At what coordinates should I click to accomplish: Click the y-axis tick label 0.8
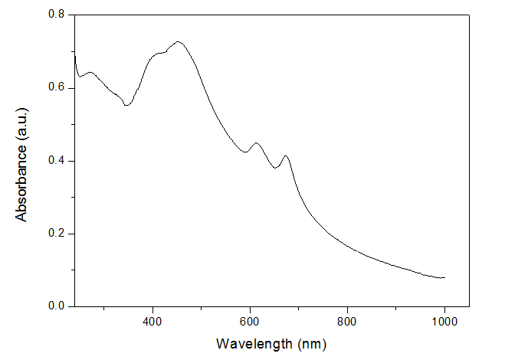[x=55, y=15]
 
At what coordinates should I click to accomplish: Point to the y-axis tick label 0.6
[x=55, y=88]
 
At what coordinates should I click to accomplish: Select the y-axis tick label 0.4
[x=55, y=161]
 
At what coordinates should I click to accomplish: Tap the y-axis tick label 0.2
[x=55, y=234]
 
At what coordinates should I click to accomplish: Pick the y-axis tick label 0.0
[x=55, y=306]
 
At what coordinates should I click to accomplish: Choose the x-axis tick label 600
[x=250, y=320]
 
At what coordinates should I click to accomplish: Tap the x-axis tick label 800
[x=347, y=320]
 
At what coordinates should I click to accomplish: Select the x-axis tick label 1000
[x=444, y=320]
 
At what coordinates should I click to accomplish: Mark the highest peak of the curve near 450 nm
[x=178, y=41]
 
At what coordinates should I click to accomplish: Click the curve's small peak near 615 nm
[x=257, y=142]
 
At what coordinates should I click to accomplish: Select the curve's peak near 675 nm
[x=286, y=155]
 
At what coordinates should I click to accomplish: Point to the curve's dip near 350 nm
[x=126, y=105]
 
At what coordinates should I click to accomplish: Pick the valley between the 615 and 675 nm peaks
[x=275, y=167]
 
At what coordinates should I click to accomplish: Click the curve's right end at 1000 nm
[x=444, y=277]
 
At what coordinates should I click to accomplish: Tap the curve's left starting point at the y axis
[x=74, y=54]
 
